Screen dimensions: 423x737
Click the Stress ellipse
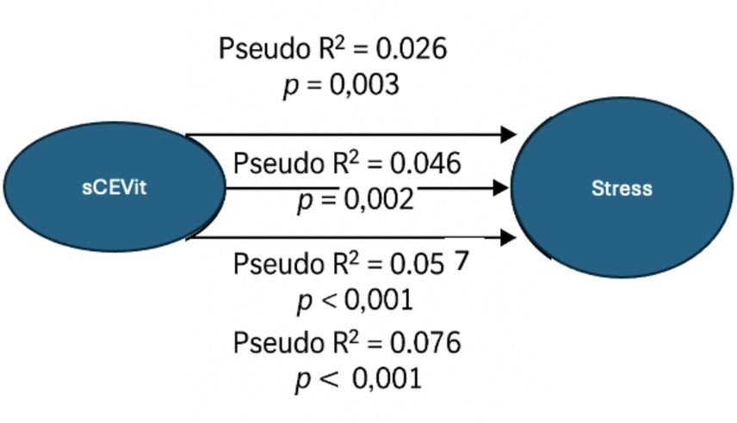click(x=621, y=188)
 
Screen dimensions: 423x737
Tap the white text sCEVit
click(x=115, y=187)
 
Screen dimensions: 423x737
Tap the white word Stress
click(x=622, y=188)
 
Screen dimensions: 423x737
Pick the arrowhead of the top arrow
click(x=509, y=134)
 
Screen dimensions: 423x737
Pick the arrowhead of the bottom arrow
click(x=509, y=237)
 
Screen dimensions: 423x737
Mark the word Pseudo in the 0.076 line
click(x=269, y=343)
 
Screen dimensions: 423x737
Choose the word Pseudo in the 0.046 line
click(x=269, y=162)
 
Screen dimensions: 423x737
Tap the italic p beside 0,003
click(x=291, y=87)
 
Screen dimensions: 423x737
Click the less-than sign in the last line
click(x=330, y=378)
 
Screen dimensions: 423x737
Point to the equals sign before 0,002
click(x=328, y=199)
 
